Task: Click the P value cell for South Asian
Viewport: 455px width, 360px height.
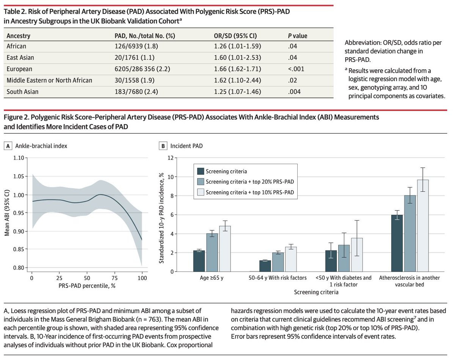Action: pyautogui.click(x=294, y=92)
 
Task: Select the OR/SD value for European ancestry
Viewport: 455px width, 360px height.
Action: pyautogui.click(x=237, y=69)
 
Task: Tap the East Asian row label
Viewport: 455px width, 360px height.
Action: pyautogui.click(x=20, y=58)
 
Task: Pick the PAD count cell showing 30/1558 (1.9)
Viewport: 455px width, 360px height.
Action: pyautogui.click(x=135, y=81)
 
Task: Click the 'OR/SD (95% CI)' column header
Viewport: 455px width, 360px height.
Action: pyautogui.click(x=235, y=36)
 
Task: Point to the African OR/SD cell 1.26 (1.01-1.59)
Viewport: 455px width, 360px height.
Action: pyautogui.click(x=237, y=46)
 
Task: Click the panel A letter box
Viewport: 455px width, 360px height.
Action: pyautogui.click(x=8, y=146)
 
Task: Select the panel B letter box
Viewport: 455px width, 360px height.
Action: pyautogui.click(x=163, y=146)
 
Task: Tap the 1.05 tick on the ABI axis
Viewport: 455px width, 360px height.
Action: pyautogui.click(x=19, y=176)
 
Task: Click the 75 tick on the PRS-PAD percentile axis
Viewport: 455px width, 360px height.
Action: pyautogui.click(x=115, y=278)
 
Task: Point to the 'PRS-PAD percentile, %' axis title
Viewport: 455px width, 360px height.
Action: pyautogui.click(x=87, y=286)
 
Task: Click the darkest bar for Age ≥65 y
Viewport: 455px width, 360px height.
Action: pyautogui.click(x=199, y=261)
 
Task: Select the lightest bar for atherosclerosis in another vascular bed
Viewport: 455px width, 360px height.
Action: pyautogui.click(x=423, y=226)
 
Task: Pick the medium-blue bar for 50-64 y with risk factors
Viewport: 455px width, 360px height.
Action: pyautogui.click(x=278, y=262)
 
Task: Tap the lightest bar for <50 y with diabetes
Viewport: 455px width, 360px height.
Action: pyautogui.click(x=357, y=255)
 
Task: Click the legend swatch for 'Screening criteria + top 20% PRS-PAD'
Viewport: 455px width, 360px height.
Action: pyautogui.click(x=201, y=182)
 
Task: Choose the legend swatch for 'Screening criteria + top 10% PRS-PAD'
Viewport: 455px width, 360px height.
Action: pyautogui.click(x=201, y=193)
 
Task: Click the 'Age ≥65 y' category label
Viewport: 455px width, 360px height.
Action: pyautogui.click(x=212, y=278)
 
